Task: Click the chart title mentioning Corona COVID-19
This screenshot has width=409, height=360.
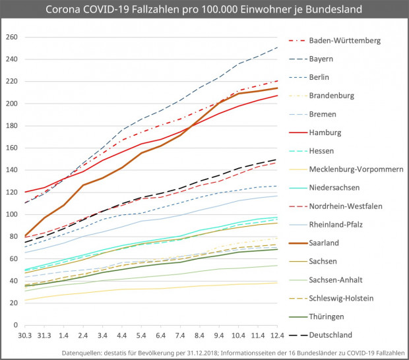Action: pos(204,11)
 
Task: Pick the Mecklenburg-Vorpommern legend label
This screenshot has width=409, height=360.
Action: pos(356,169)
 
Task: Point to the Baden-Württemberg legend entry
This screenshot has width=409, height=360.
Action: pos(344,40)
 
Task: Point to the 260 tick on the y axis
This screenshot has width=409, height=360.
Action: pos(11,37)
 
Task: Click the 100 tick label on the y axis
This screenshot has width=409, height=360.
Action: pos(11,214)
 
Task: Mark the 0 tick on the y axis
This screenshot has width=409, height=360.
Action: pos(15,325)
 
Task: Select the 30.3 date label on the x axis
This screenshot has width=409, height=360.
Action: pos(25,336)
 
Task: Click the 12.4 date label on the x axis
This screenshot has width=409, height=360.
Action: pos(276,336)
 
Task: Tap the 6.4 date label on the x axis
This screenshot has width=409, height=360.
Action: pos(161,336)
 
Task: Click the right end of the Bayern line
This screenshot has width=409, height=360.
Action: pos(276,47)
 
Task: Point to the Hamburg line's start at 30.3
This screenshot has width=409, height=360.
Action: pos(25,192)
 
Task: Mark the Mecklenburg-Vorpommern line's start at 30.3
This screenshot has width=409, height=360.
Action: pos(25,300)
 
